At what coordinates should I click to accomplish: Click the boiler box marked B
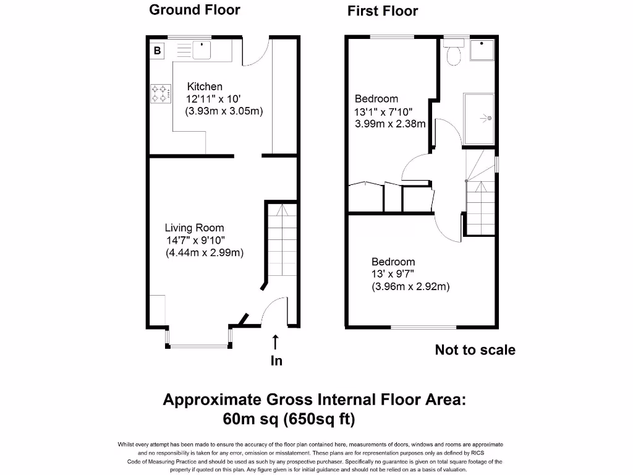[158, 50]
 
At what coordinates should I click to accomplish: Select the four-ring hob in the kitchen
[160, 93]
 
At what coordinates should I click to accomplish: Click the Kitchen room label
[205, 87]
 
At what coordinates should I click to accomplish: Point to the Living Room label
[194, 228]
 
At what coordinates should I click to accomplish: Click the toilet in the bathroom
[454, 54]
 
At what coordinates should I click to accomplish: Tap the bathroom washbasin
[482, 51]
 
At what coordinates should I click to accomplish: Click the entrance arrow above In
[276, 342]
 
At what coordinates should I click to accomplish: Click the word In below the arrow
[276, 361]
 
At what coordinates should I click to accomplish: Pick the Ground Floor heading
[195, 10]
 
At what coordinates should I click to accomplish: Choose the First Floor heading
[383, 11]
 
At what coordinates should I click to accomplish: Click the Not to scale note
[475, 350]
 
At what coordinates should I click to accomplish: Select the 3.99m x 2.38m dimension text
[390, 124]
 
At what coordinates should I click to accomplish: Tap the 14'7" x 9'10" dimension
[195, 240]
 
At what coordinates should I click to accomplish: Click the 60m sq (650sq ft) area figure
[289, 419]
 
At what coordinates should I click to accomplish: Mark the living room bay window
[198, 344]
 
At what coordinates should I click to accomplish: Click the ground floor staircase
[282, 241]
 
